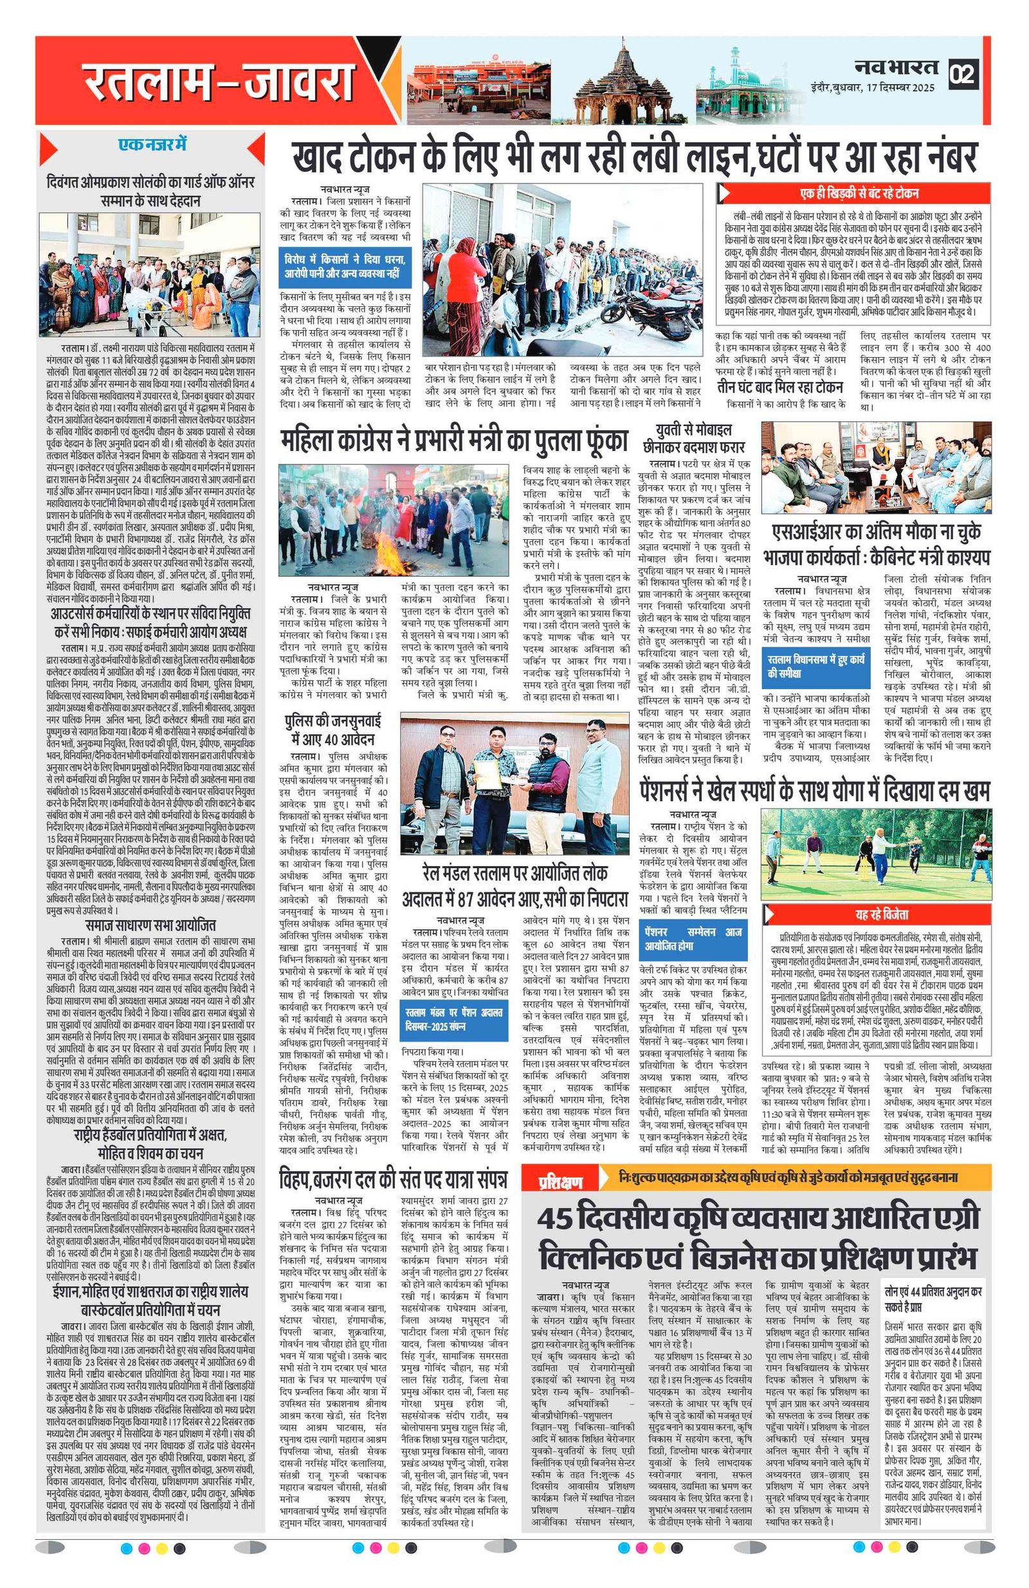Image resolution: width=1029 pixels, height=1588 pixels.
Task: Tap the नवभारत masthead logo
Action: point(897,67)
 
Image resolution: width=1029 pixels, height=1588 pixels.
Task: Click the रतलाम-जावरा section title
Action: point(218,82)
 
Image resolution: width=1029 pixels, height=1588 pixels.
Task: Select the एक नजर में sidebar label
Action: point(152,144)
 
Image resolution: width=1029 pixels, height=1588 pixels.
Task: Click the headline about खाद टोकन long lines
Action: point(633,158)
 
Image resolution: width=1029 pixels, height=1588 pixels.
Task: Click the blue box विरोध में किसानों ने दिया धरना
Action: point(345,266)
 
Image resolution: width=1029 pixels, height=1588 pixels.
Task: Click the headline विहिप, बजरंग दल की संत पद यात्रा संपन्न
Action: point(394,1179)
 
